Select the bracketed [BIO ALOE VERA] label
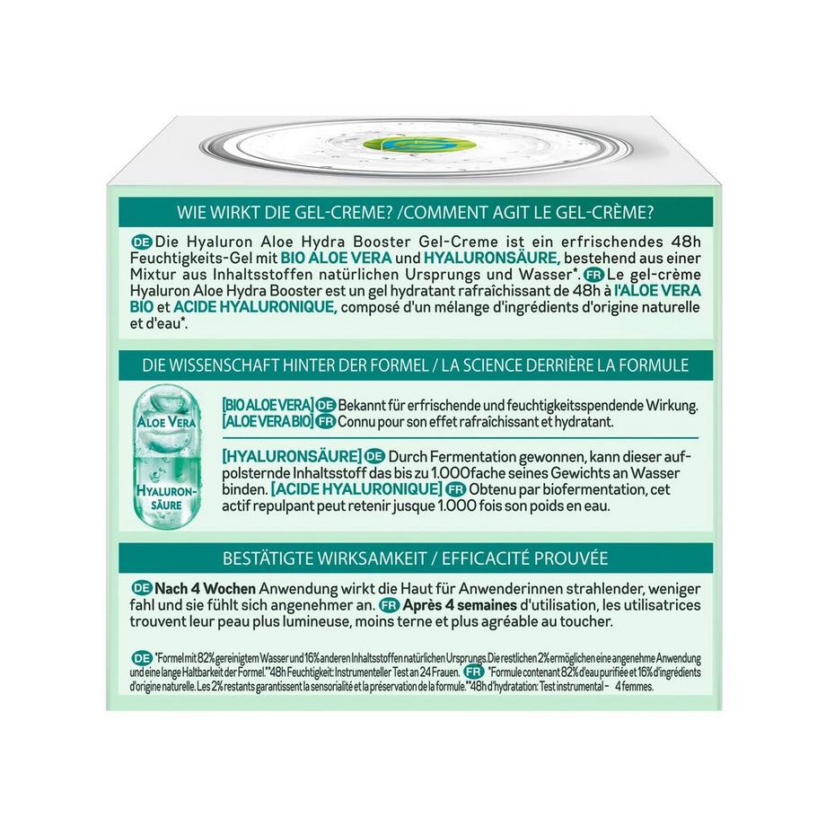(268, 405)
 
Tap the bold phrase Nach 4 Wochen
(206, 586)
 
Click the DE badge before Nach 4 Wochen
(140, 586)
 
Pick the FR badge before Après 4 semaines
(388, 604)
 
